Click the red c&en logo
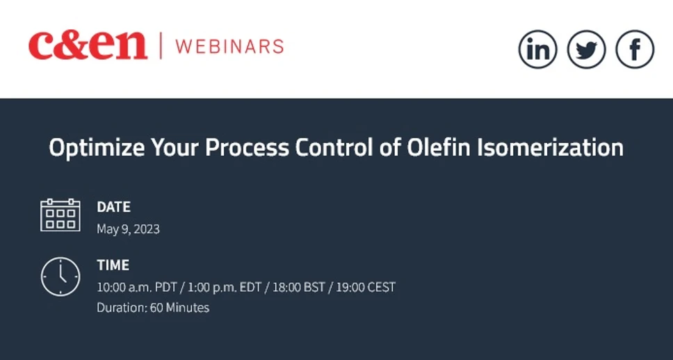[x=88, y=46]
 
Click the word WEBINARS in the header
[x=229, y=47]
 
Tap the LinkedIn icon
[x=538, y=49]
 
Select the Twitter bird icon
[x=587, y=49]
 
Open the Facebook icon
[x=635, y=49]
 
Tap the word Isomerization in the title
[x=550, y=148]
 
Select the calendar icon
[x=60, y=215]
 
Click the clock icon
[x=60, y=276]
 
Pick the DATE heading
[x=113, y=207]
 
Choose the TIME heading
[x=113, y=265]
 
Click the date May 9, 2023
[x=128, y=229]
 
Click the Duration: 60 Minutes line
[x=153, y=307]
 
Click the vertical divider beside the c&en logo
[x=161, y=46]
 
